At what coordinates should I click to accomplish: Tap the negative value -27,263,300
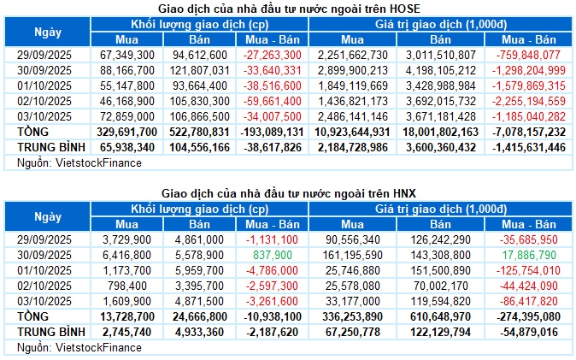[273, 55]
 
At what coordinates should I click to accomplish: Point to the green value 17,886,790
[536, 255]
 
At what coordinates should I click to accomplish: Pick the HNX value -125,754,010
[534, 270]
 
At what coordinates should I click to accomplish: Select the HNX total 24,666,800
[200, 316]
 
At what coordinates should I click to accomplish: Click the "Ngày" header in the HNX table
[48, 217]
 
